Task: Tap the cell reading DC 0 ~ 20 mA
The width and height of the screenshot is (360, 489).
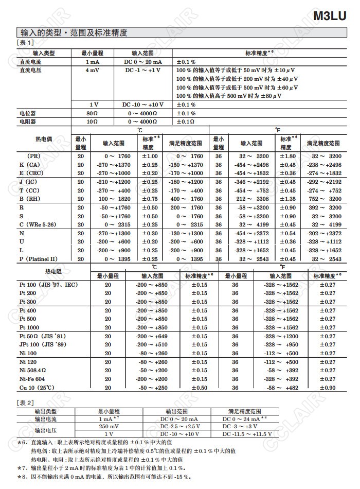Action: coord(143,62)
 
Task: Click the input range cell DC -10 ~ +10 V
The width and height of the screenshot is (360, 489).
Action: coord(143,104)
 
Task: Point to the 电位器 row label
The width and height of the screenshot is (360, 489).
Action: coord(27,113)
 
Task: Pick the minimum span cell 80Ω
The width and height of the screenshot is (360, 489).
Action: coord(92,113)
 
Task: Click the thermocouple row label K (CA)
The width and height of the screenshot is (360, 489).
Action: coord(29,165)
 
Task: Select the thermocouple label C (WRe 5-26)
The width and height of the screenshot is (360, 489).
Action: coord(39,224)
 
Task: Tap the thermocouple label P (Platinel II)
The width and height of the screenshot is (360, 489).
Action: coord(39,259)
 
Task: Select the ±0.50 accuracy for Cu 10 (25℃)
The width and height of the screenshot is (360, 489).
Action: coord(200,388)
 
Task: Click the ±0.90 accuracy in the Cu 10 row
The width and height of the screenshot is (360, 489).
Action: coord(328,388)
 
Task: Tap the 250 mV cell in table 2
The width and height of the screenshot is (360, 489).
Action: coord(109,427)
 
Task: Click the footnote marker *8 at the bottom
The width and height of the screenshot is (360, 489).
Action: coord(22,477)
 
